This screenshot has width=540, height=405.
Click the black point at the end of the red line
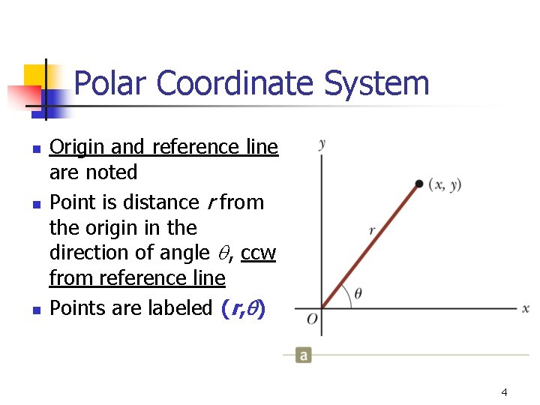click(418, 184)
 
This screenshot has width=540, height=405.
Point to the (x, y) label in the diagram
click(445, 184)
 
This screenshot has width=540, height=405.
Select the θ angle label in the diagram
click(358, 293)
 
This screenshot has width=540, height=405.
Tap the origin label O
click(312, 319)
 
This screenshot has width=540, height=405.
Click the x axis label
click(526, 308)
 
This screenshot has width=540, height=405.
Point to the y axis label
click(322, 143)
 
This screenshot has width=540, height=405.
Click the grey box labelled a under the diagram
click(303, 355)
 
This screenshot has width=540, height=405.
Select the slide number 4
click(504, 392)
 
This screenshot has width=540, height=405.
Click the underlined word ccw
click(259, 253)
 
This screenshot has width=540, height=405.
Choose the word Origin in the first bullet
click(71, 148)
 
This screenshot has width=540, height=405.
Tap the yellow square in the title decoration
click(34, 75)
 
